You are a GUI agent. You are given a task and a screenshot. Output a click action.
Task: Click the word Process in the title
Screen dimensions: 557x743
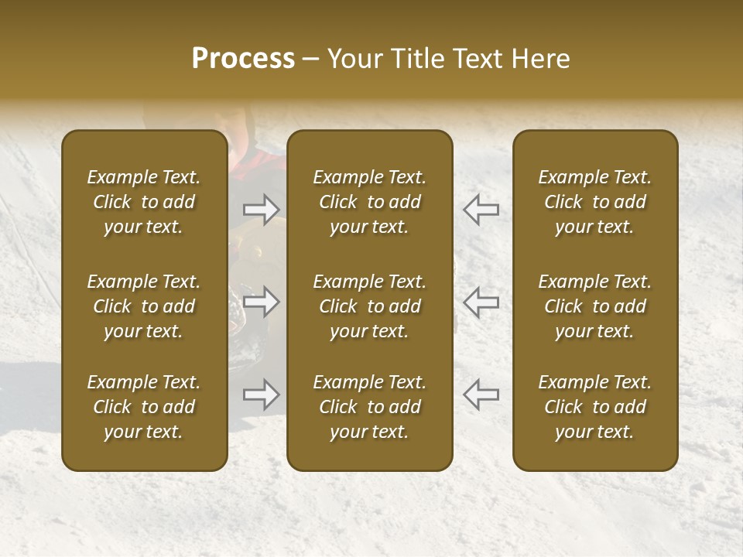click(243, 59)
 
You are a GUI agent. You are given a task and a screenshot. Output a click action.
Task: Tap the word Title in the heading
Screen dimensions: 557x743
click(416, 59)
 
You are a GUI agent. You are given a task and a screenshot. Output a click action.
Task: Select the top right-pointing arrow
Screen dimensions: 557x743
click(261, 208)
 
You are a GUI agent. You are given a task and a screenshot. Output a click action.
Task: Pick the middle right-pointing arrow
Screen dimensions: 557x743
click(261, 302)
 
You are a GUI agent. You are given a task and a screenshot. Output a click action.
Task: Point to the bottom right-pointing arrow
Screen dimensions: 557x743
click(261, 395)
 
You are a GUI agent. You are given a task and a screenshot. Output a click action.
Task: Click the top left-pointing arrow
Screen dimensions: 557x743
click(481, 208)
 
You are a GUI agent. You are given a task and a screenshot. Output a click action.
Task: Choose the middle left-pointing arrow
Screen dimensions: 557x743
click(481, 302)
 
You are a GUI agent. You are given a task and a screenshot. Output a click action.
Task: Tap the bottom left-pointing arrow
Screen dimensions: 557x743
click(481, 395)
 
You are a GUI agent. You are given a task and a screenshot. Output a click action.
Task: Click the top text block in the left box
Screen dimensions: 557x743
click(144, 202)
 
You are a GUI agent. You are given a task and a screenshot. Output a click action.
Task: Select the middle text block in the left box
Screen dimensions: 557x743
click(144, 306)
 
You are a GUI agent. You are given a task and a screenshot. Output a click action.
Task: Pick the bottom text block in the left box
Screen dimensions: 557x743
click(144, 407)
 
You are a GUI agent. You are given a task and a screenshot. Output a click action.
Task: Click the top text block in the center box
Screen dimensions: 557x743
click(370, 202)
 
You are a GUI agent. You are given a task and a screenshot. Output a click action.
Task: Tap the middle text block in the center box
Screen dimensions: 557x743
click(370, 306)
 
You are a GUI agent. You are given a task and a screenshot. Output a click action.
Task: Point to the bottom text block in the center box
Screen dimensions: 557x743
click(370, 407)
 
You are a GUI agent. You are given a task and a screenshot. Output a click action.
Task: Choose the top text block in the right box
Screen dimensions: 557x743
click(595, 202)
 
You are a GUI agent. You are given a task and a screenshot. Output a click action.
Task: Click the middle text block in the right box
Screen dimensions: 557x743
click(595, 306)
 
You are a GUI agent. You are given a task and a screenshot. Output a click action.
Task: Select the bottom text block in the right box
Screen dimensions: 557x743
click(595, 407)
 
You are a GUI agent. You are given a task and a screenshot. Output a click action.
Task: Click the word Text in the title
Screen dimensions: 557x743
click(477, 59)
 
